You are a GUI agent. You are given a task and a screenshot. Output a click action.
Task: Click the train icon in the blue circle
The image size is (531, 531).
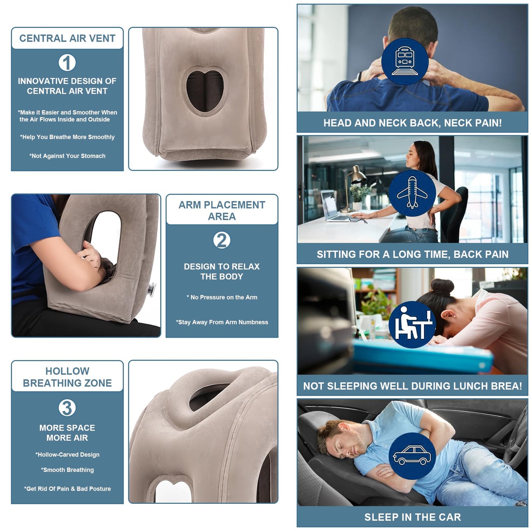tap(405, 61)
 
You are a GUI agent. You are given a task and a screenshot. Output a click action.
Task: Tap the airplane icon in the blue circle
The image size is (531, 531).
tap(412, 193)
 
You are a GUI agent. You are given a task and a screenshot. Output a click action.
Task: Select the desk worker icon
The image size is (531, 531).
tap(412, 324)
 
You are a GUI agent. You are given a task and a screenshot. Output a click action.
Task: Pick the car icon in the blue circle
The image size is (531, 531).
tap(412, 456)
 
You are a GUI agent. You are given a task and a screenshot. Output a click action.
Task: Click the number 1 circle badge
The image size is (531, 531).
tap(67, 63)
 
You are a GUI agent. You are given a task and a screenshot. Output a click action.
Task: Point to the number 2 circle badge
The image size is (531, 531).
tap(222, 240)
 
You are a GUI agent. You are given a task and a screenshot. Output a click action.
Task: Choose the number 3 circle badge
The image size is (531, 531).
tap(67, 408)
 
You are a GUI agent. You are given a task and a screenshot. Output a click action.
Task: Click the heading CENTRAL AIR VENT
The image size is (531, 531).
tap(67, 38)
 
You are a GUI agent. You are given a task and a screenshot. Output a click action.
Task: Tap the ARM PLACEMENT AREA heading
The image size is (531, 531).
tap(222, 211)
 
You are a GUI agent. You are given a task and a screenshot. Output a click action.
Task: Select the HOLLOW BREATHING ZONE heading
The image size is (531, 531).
tap(67, 377)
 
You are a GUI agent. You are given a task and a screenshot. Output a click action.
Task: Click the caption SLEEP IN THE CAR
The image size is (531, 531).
tap(412, 517)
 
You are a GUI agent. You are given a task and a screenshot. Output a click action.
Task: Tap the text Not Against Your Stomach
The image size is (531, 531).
tap(67, 156)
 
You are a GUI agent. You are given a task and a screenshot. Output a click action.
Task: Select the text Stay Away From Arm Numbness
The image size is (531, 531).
tap(222, 322)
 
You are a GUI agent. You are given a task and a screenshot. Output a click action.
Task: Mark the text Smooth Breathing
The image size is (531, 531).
tap(67, 470)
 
